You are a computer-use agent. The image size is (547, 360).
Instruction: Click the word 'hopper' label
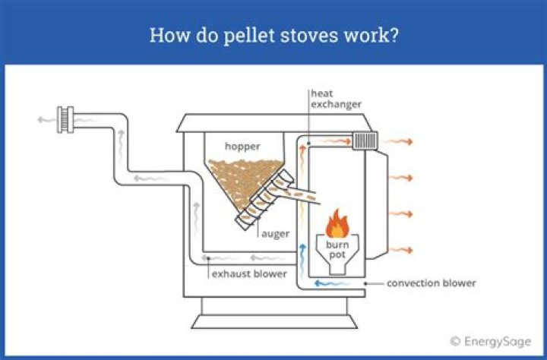click(x=242, y=145)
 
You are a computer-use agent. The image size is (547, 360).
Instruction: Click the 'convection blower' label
click(x=431, y=283)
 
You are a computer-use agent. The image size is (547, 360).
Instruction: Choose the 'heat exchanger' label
click(x=334, y=99)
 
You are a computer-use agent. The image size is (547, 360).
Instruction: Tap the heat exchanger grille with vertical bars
click(x=365, y=141)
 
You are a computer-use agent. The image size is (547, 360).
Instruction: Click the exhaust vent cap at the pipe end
click(x=68, y=120)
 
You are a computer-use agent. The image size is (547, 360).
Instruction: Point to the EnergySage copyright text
click(x=490, y=341)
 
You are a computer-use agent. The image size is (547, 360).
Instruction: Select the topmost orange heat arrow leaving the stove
click(x=400, y=141)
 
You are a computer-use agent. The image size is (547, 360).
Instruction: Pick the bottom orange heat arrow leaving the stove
click(x=400, y=249)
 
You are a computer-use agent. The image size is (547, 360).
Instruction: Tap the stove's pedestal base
click(x=273, y=314)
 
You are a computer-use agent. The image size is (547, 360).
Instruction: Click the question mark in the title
click(x=393, y=35)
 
